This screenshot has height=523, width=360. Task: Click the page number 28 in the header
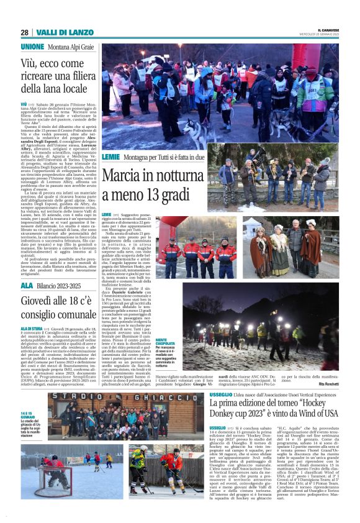(x=24, y=32)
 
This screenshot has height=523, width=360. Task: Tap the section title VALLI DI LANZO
(x=55, y=32)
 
